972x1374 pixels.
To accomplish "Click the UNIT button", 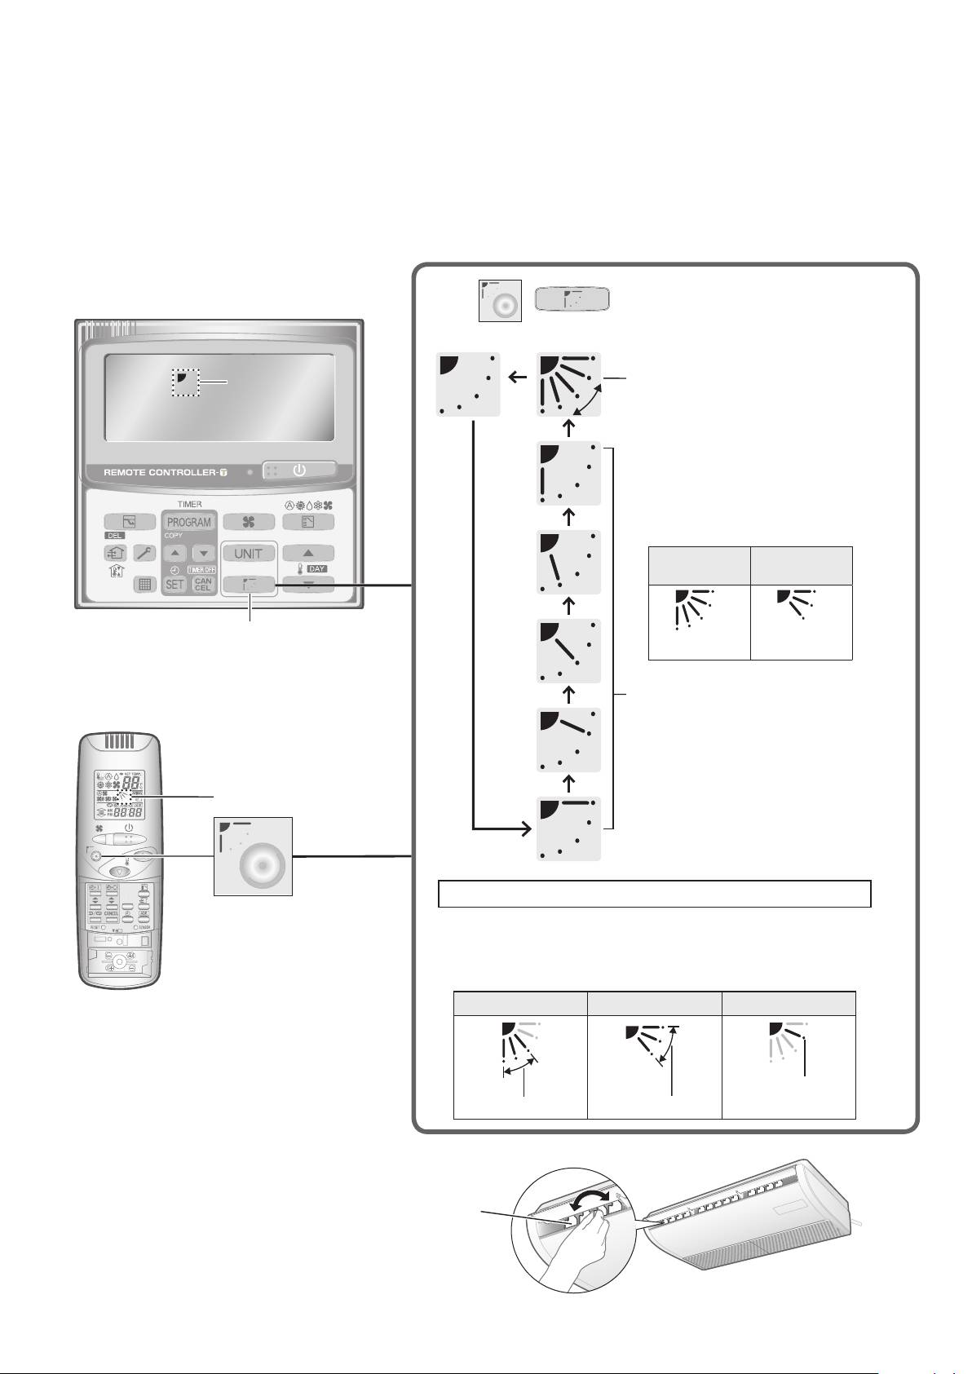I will [x=249, y=553].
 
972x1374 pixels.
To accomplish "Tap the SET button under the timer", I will [x=175, y=584].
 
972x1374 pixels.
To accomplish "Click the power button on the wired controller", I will [x=299, y=471].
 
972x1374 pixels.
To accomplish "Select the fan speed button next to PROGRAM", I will [x=249, y=522].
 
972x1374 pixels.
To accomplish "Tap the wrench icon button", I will [x=144, y=553].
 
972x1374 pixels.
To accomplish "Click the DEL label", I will [x=113, y=536].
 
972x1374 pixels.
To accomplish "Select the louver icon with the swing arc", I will [x=569, y=384].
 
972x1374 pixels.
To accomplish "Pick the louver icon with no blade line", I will [x=469, y=384].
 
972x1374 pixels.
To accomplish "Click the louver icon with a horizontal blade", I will [x=569, y=828].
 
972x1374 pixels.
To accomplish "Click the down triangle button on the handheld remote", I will [x=119, y=871].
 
